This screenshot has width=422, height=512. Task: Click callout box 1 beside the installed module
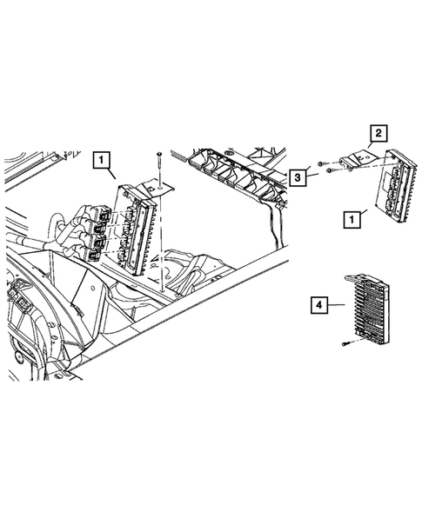click(x=102, y=160)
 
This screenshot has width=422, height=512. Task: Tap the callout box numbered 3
click(x=299, y=177)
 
